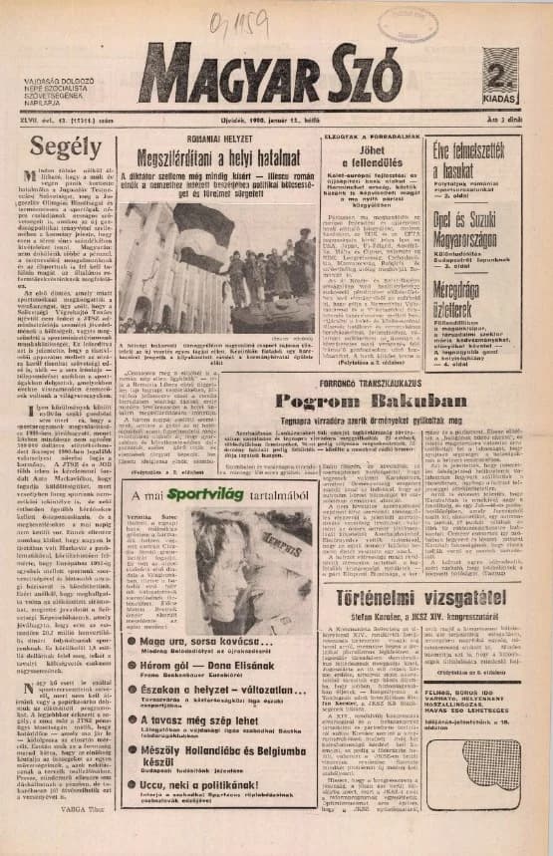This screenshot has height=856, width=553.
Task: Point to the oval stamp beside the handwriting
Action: tap(402, 23)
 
